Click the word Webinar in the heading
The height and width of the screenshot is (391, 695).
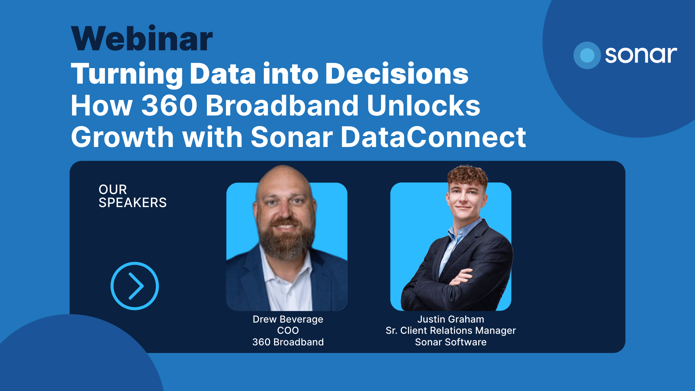(x=142, y=38)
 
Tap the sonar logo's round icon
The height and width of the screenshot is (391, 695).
(x=587, y=55)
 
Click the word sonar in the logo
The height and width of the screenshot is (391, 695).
(x=641, y=55)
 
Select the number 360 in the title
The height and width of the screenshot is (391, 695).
(x=169, y=105)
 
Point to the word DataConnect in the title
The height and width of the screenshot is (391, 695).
(x=433, y=137)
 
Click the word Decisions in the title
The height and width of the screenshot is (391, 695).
(x=397, y=73)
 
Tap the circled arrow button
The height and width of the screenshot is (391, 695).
(x=135, y=286)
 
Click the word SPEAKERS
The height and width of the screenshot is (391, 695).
(x=132, y=203)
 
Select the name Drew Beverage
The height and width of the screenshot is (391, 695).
(x=288, y=319)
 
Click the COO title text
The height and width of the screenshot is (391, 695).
(x=288, y=331)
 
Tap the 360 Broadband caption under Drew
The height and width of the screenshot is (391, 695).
(x=288, y=342)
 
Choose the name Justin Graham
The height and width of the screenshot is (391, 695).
(x=451, y=319)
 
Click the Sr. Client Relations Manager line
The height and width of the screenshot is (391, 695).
(x=451, y=331)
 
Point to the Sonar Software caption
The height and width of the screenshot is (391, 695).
(x=451, y=342)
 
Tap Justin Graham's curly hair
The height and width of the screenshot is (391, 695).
(x=467, y=176)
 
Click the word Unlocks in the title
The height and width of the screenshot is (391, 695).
(x=424, y=105)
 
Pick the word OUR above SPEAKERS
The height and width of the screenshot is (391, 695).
(x=113, y=190)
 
